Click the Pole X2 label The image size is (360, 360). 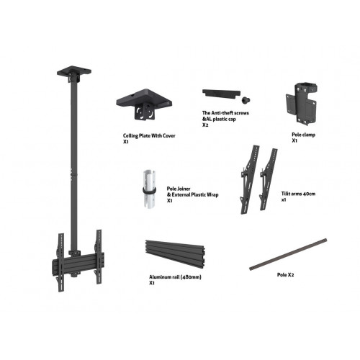287,274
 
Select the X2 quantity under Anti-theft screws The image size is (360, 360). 205,125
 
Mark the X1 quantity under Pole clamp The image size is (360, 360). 295,141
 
